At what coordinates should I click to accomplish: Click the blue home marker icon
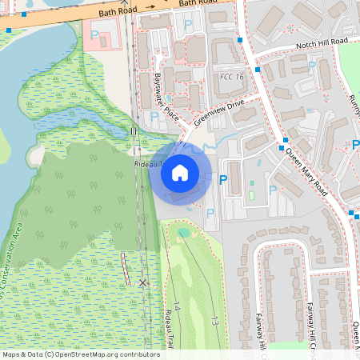[x=180, y=172]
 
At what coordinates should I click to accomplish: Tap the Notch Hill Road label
[x=322, y=41]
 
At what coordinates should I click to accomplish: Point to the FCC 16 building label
[x=231, y=77]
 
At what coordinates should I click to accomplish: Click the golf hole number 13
[x=215, y=321]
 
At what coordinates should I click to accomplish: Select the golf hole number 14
[x=178, y=308]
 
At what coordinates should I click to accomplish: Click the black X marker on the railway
[x=142, y=282]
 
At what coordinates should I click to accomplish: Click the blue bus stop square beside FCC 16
[x=258, y=70]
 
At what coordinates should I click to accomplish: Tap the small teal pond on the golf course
[x=184, y=234]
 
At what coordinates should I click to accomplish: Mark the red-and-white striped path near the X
[x=126, y=268]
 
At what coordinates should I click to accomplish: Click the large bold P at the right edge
[x=355, y=145]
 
